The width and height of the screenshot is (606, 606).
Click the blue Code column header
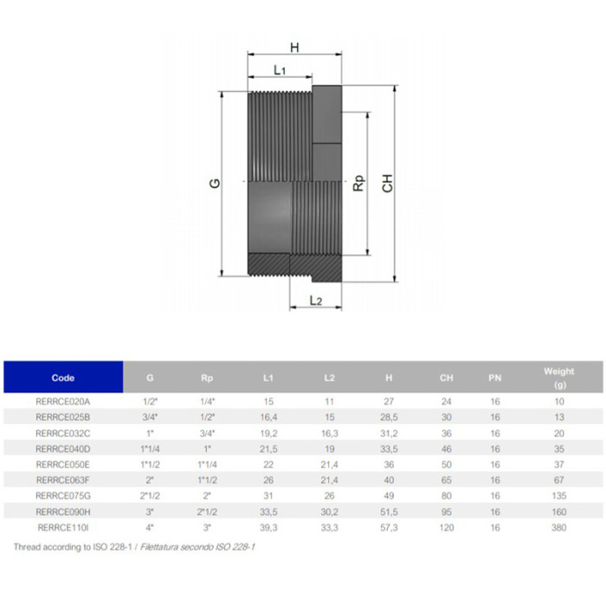point(63,378)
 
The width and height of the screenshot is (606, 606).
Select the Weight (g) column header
point(558,378)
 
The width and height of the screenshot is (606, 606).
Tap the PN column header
point(495,378)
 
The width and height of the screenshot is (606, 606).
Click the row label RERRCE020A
point(63,402)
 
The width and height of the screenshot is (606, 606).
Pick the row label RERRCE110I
point(63,527)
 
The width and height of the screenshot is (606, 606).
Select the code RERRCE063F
point(63,480)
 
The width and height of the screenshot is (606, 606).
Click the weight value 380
point(558,527)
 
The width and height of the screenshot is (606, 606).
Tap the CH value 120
point(446,527)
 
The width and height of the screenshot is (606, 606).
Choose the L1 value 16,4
point(268,417)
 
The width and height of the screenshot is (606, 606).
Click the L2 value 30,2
point(329,511)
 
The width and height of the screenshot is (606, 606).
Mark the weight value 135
point(558,495)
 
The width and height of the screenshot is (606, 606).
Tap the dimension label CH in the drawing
point(388,183)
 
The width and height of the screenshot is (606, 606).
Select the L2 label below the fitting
point(316,300)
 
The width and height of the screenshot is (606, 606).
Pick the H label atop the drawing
point(294,48)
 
